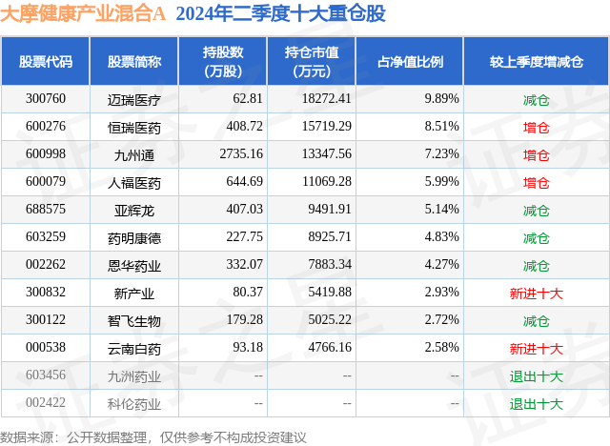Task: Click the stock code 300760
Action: pos(45,99)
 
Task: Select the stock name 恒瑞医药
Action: pos(134,127)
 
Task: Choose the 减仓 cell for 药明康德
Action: pos(537,237)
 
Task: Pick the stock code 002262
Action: pos(45,265)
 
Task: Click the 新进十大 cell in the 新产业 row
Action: pos(537,294)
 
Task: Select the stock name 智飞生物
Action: pos(134,321)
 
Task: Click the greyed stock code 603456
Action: pos(45,376)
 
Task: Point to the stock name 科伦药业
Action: pos(134,404)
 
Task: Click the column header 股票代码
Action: pos(45,62)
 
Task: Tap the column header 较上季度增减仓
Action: pos(537,62)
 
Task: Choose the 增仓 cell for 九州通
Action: pos(537,154)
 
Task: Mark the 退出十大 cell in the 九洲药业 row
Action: pos(537,376)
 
